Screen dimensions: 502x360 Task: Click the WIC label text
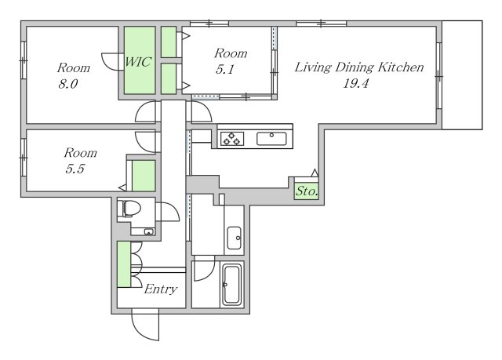pyautogui.click(x=137, y=61)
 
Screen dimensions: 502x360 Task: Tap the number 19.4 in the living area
pyautogui.click(x=355, y=83)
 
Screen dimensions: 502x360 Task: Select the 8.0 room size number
pyautogui.click(x=68, y=84)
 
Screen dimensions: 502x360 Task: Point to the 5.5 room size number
pyautogui.click(x=75, y=169)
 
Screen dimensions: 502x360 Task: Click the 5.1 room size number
pyautogui.click(x=225, y=69)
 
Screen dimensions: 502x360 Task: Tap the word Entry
pyautogui.click(x=160, y=289)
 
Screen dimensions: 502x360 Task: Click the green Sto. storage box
pyautogui.click(x=307, y=191)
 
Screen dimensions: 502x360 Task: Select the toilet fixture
pyautogui.click(x=129, y=209)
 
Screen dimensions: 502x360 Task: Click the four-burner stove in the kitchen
pyautogui.click(x=232, y=139)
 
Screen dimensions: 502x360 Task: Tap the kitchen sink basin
pyautogui.click(x=271, y=139)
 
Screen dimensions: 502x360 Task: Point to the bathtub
pyautogui.click(x=231, y=285)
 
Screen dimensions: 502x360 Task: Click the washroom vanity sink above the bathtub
pyautogui.click(x=234, y=238)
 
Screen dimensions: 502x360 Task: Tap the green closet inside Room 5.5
pyautogui.click(x=144, y=176)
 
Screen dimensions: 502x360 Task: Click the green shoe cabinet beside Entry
pyautogui.click(x=124, y=264)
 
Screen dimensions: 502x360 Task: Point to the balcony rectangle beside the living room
pyautogui.click(x=462, y=75)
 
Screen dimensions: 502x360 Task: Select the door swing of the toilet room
pyautogui.click(x=170, y=212)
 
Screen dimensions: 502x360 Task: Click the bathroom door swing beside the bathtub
pyautogui.click(x=204, y=268)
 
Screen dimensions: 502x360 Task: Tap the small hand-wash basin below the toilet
pyautogui.click(x=148, y=231)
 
